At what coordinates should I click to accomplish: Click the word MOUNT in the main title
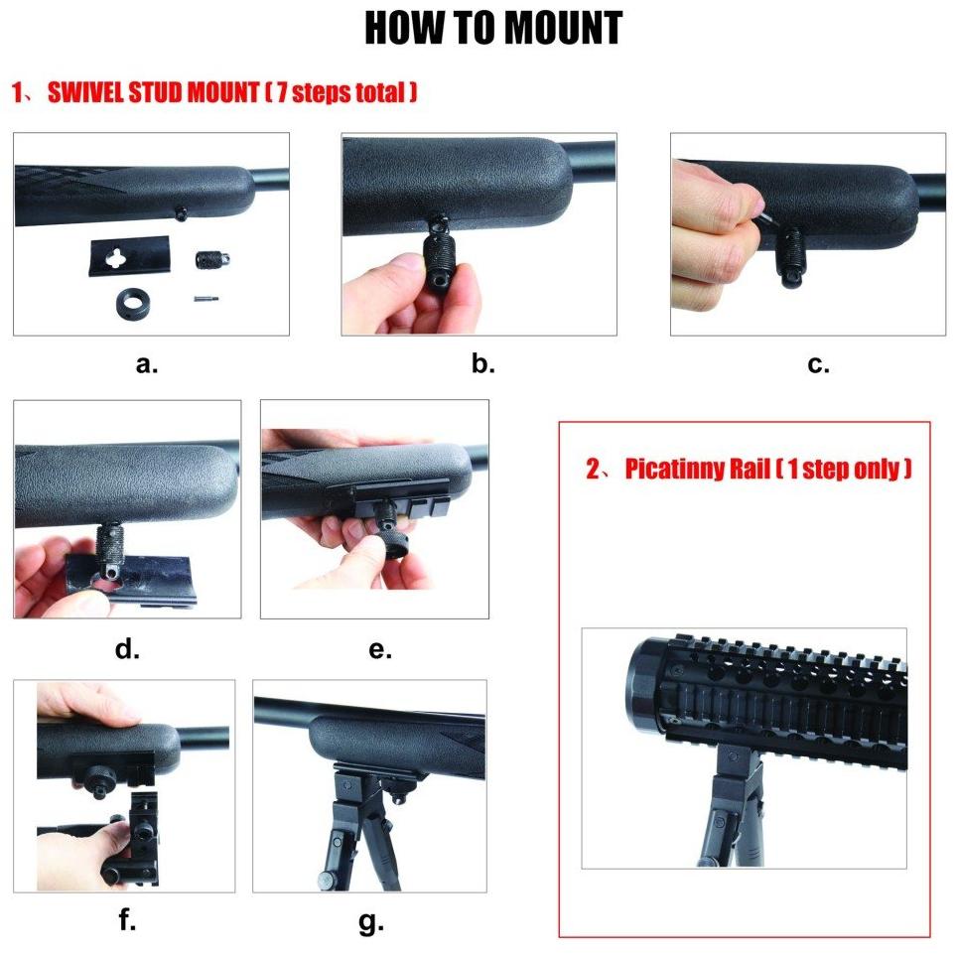[x=563, y=28]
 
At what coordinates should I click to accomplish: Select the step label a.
[x=147, y=364]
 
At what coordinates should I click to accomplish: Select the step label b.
[x=482, y=363]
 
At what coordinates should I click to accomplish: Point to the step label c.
[x=818, y=364]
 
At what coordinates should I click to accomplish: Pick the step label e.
[x=380, y=650]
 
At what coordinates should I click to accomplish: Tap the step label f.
[x=127, y=919]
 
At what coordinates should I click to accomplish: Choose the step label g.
[x=371, y=922]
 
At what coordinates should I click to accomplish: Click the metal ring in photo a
[x=133, y=303]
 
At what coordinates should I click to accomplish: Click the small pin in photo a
[x=206, y=299]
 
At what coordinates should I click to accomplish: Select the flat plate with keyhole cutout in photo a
[x=129, y=255]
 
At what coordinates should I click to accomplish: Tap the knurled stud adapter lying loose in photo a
[x=212, y=260]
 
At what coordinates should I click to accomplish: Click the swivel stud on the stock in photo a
[x=181, y=213]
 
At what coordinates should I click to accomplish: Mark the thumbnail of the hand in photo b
[x=408, y=263]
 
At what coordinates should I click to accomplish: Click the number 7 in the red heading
[x=282, y=92]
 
